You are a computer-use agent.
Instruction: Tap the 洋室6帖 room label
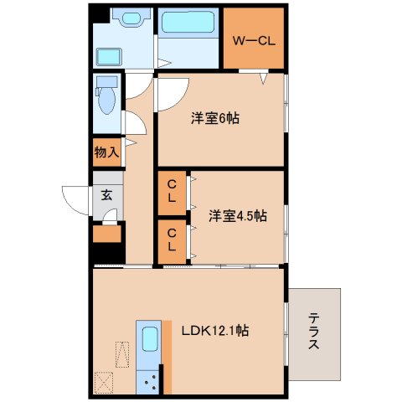coord(214,118)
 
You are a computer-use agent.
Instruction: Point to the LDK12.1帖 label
coord(214,330)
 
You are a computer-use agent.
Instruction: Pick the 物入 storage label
coord(105,152)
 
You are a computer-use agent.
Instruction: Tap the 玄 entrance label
coord(107,196)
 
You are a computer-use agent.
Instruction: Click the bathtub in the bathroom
coord(188,23)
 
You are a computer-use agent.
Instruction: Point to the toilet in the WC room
coord(106,97)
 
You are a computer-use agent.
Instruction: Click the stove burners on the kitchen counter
coord(152,382)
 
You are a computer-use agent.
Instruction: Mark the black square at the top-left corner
coord(100,14)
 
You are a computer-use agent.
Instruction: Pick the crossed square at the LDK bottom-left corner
coord(106,382)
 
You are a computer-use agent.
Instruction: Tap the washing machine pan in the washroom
coord(109,57)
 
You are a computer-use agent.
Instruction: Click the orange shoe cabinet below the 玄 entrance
coord(107,233)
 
